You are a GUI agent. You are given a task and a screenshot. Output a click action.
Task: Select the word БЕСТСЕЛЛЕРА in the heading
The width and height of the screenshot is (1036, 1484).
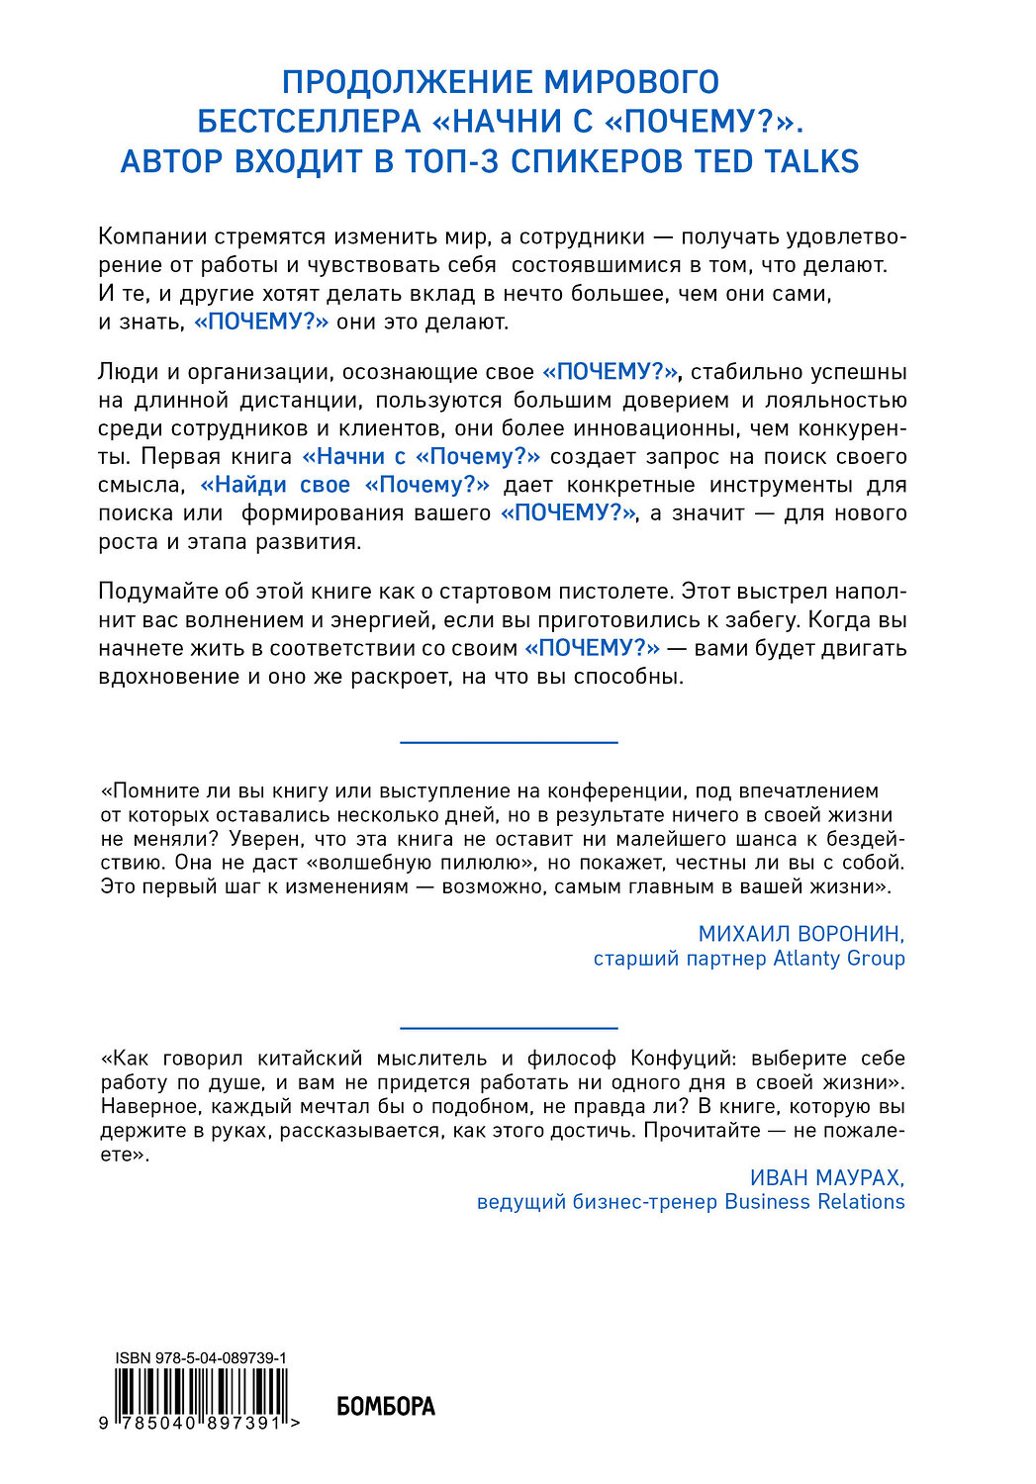click(310, 122)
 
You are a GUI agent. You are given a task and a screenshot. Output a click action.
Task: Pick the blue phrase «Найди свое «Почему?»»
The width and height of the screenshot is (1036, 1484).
click(345, 485)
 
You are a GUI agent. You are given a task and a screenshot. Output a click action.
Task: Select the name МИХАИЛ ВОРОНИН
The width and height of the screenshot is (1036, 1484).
click(801, 934)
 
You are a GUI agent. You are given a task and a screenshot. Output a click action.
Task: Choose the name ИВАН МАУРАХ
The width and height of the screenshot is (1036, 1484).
click(827, 1177)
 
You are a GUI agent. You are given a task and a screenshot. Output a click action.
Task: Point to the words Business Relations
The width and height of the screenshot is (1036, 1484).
click(814, 1202)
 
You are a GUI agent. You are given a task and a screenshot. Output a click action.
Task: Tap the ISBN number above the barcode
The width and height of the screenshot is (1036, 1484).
click(201, 1359)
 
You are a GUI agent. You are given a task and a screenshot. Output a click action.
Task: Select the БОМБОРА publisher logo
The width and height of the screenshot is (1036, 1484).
click(386, 1406)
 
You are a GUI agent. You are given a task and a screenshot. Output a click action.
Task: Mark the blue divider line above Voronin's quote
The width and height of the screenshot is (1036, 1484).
click(509, 742)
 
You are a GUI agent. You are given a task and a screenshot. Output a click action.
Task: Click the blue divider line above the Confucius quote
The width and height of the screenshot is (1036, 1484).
click(509, 1028)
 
